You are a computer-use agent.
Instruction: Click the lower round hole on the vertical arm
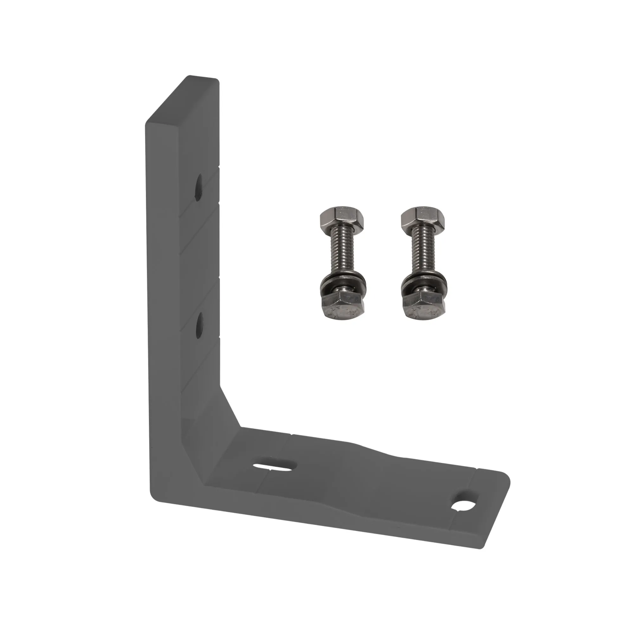[x=199, y=325]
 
